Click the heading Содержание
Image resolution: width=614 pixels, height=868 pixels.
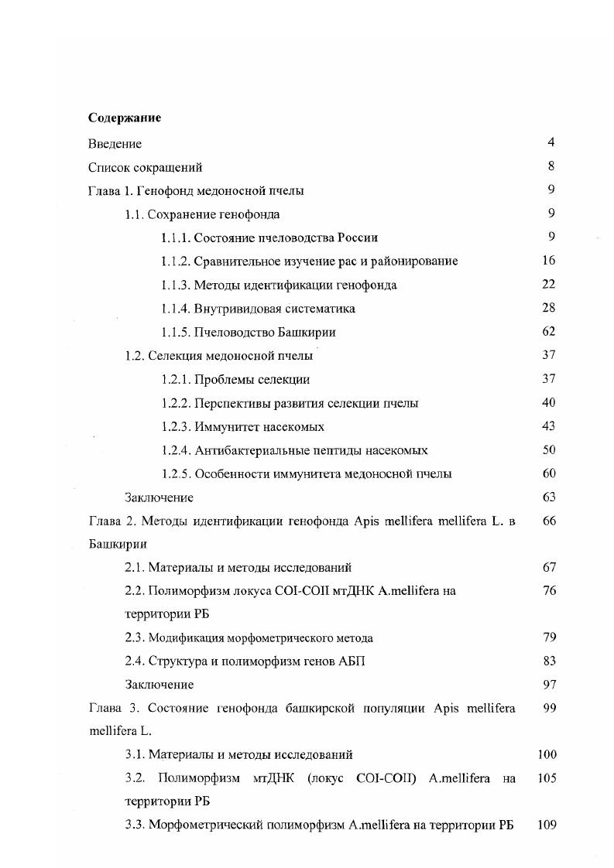pos(124,118)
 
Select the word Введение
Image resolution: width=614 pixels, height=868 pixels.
pos(115,143)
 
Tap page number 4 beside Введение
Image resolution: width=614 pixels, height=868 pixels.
pos(551,142)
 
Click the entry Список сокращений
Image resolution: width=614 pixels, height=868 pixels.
pos(146,167)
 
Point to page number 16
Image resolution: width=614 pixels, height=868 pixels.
pos(549,261)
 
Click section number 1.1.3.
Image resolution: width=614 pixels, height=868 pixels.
pos(176,285)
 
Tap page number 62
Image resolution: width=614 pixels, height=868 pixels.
pos(549,332)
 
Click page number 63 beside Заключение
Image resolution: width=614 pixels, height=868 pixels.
pos(549,497)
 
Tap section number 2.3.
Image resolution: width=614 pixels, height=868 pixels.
pos(135,638)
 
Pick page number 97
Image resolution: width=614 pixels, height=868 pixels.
pos(549,684)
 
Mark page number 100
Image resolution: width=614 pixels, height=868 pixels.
pos(547,754)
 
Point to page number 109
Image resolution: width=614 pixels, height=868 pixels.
pos(547,825)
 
